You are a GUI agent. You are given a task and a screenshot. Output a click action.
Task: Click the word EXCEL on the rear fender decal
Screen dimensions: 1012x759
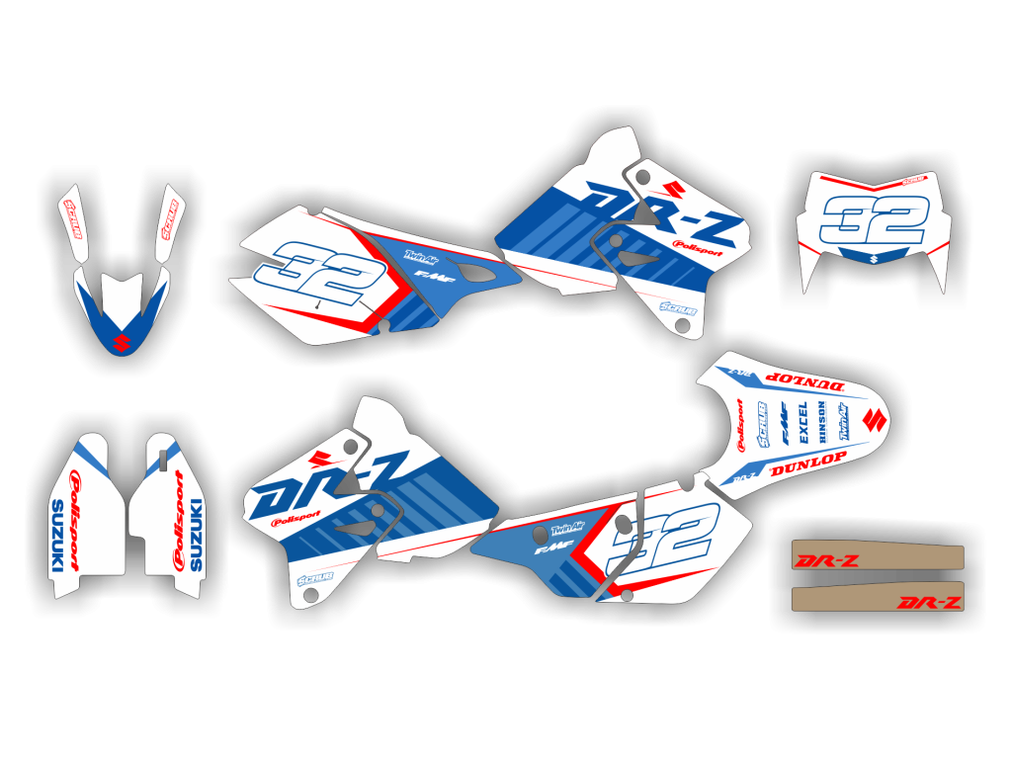coord(802,422)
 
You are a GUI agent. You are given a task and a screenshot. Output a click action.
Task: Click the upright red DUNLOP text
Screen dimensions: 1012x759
coord(808,460)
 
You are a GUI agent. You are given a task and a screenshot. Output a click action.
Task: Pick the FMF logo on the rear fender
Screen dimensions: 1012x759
coord(783,423)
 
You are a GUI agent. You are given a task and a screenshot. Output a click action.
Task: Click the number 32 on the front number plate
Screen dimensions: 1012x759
coord(874,221)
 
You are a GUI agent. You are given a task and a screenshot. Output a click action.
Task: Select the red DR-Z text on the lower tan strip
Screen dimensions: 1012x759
coord(928,602)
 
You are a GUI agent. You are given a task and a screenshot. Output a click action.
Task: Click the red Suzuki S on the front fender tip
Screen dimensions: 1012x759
coord(122,343)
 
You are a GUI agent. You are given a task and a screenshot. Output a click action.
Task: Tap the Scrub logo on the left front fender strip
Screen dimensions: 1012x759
coord(73,220)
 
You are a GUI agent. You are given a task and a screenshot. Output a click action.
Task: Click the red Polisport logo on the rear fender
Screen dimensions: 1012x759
coord(738,425)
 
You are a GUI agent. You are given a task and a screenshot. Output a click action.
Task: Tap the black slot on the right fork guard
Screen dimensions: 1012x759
coord(159,453)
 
